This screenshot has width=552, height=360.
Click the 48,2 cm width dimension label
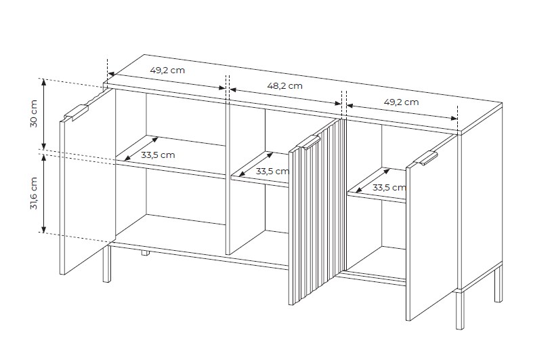(x=284, y=86)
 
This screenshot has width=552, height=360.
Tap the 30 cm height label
(x=34, y=113)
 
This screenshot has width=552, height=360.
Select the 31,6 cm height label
(x=34, y=193)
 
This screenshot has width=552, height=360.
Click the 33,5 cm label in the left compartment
(x=158, y=155)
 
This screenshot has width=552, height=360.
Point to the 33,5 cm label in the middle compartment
(x=272, y=172)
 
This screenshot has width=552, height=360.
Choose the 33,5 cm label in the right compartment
(x=389, y=188)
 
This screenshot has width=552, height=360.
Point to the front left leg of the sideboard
(x=106, y=263)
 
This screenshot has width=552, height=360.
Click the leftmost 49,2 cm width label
(x=167, y=70)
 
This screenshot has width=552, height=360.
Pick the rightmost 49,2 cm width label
(x=401, y=102)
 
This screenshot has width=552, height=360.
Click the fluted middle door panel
(x=317, y=212)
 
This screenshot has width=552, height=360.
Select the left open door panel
(x=87, y=183)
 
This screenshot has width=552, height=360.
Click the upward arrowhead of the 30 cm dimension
(x=43, y=82)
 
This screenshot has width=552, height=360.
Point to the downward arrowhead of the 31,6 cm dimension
(x=43, y=229)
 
